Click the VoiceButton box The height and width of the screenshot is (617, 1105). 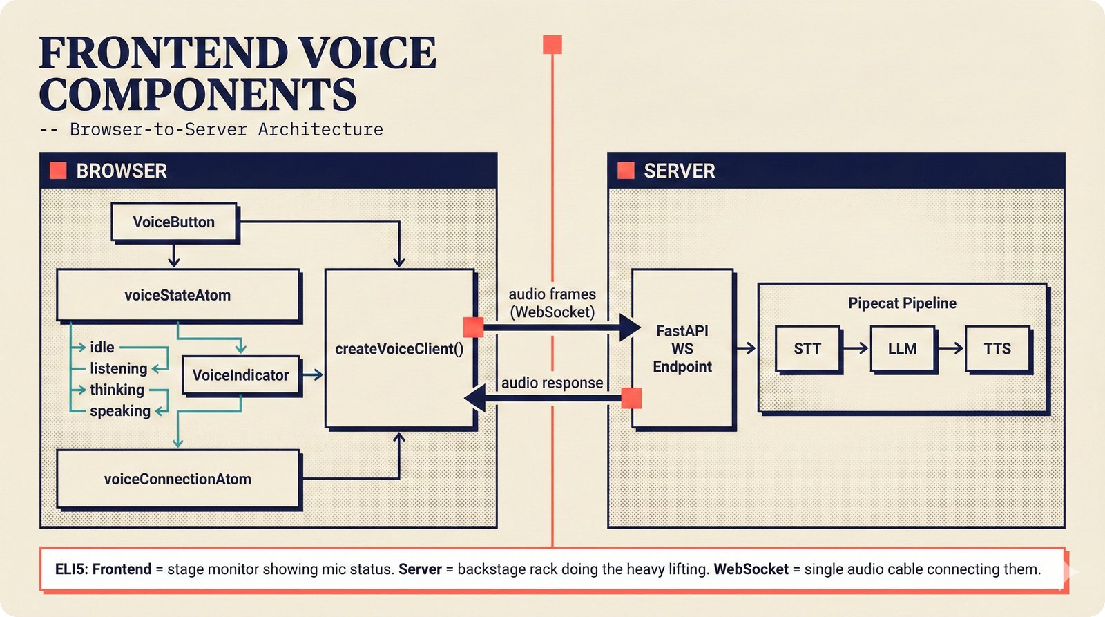[x=174, y=222]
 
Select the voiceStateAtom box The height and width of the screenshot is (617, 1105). [x=177, y=295]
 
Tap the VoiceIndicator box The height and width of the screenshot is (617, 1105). [x=240, y=375]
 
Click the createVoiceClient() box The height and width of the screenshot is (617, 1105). [x=399, y=349]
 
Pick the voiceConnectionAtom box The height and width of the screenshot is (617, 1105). [x=177, y=479]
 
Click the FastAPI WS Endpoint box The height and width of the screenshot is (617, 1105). [x=682, y=349]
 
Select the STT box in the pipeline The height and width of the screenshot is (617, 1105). [x=807, y=349]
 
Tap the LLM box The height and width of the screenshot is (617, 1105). [x=902, y=349]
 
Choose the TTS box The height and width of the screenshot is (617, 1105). [x=997, y=349]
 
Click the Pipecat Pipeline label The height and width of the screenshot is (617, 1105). [x=902, y=303]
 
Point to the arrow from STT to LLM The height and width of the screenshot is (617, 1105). [x=855, y=349]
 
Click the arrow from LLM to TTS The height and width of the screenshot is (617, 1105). [x=950, y=349]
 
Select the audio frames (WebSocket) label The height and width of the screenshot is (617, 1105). [x=552, y=303]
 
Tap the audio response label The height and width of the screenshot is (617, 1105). [x=552, y=383]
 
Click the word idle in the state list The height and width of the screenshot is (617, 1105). [x=102, y=348]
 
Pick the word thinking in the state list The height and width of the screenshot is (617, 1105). [x=117, y=390]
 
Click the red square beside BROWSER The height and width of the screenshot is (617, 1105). [x=58, y=171]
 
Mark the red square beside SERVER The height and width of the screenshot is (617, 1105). [x=626, y=171]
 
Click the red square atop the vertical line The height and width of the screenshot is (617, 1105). [x=552, y=45]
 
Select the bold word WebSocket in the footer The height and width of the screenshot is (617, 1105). [x=751, y=569]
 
